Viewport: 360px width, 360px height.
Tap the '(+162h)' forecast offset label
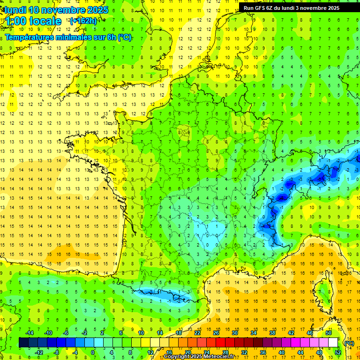coord(83,21)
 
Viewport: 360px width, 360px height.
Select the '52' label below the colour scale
coord(338,352)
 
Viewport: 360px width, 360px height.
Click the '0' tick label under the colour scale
coord(93,352)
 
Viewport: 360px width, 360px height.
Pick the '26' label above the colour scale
coord(216,333)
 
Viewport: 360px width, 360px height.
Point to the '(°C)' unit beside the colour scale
coord(348,343)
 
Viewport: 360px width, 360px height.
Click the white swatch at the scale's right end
coord(333,343)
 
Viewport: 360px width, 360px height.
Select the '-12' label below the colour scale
coord(38,352)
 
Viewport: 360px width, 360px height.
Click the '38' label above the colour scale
coord(272,333)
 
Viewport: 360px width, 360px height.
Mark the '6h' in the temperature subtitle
coord(112,37)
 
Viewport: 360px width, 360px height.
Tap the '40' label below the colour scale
coord(282,352)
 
